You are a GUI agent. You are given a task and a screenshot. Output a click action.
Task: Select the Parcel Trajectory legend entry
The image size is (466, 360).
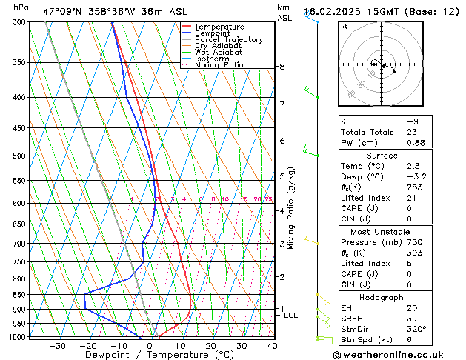tap(228, 40)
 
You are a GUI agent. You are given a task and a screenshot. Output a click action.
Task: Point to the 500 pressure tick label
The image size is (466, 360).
tap(19, 156)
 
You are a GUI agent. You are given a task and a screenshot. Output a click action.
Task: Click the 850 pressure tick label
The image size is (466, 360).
tap(19, 295)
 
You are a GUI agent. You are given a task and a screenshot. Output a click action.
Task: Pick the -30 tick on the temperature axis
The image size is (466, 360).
tap(57, 346)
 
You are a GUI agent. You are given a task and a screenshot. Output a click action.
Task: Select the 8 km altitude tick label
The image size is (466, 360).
tap(282, 67)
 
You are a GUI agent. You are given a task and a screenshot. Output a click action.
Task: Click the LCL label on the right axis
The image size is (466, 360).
tap(291, 316)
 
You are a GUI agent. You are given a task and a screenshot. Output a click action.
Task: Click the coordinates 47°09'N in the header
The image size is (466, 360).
tap(64, 12)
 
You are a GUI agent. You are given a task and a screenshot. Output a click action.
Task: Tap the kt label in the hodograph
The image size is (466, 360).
tap(344, 26)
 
